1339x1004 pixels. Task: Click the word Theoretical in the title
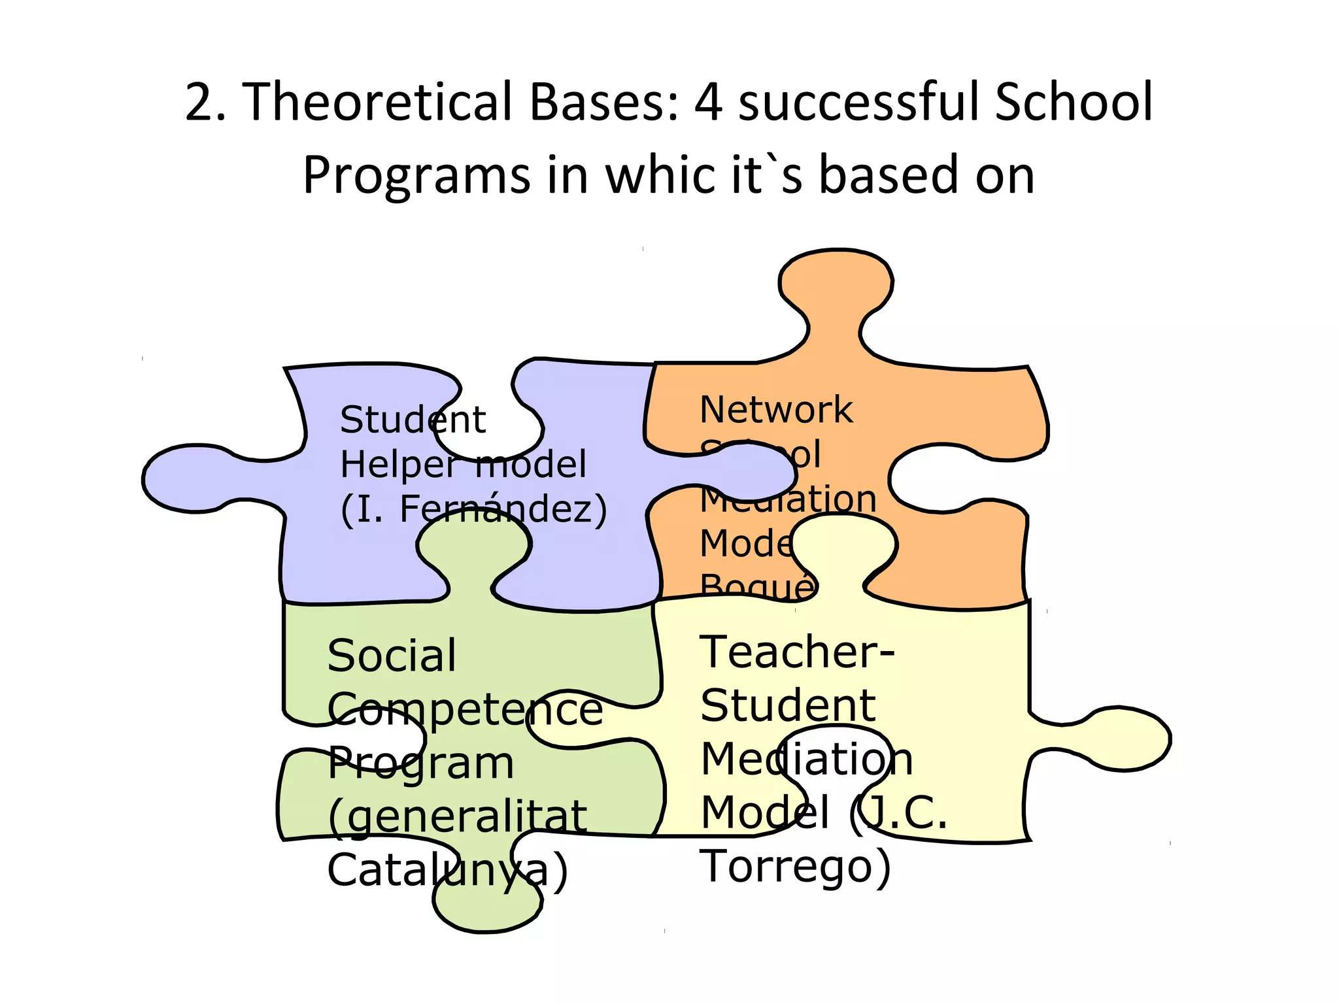(377, 102)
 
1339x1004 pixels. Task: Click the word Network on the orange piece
(776, 410)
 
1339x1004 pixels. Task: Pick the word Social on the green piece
(392, 656)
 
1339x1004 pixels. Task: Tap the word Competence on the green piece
(465, 709)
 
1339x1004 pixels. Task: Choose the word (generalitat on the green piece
(457, 817)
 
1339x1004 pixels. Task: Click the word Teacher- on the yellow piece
(797, 652)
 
